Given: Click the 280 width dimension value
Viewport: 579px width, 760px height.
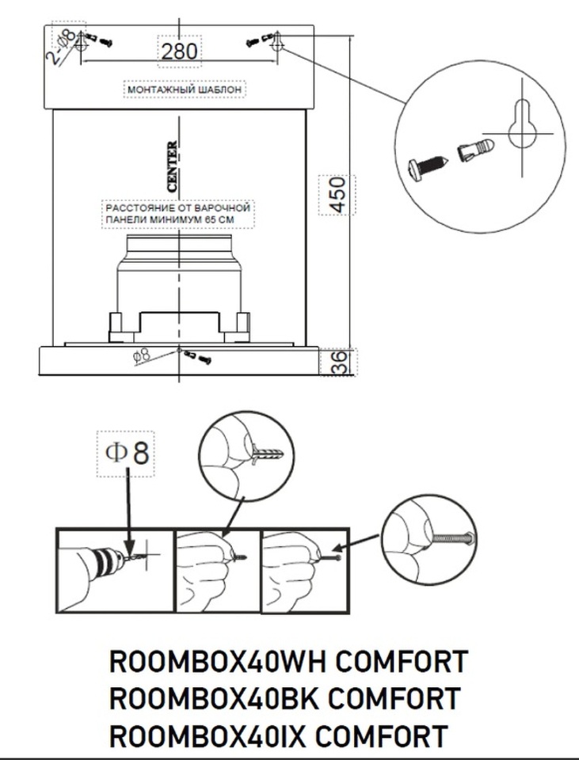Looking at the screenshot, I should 179,52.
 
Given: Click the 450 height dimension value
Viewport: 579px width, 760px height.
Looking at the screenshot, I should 338,195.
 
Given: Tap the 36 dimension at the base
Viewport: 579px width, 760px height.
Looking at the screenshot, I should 338,363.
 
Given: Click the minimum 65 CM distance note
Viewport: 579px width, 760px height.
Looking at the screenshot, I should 166,213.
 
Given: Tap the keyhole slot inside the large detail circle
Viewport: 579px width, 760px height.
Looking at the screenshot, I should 524,127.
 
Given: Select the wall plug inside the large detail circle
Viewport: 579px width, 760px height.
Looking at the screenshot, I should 476,150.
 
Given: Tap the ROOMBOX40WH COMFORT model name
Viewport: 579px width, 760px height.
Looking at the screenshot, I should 288,661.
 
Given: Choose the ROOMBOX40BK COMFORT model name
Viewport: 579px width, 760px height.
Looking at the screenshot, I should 284,698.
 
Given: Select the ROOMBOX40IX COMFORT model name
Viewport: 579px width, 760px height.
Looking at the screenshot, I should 277,736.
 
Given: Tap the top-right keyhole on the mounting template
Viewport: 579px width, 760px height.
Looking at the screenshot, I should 276,44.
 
